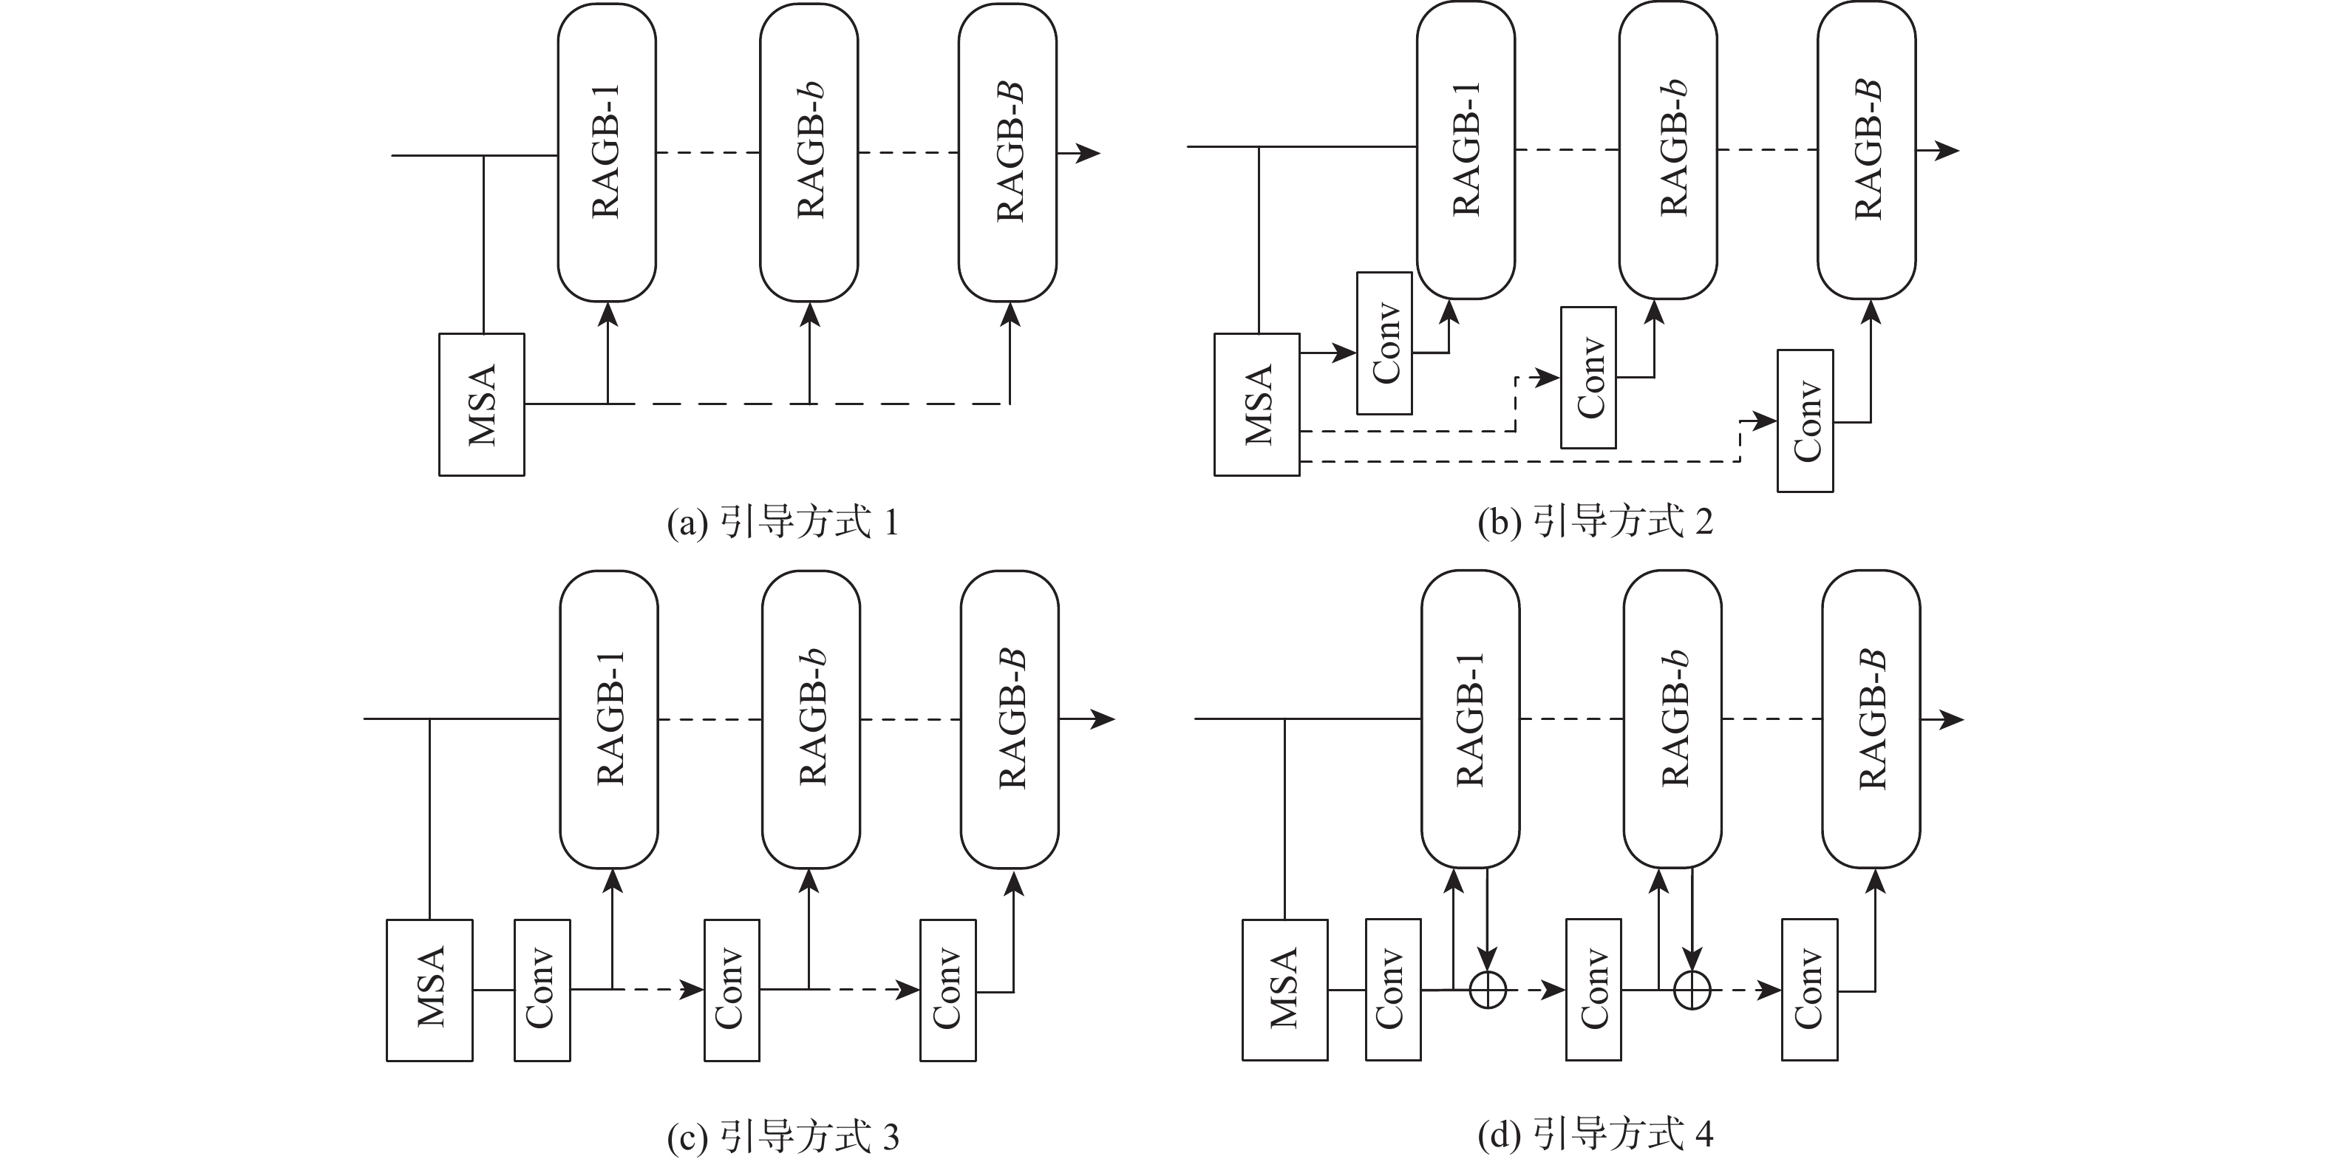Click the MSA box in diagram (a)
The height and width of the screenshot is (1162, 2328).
pyautogui.click(x=482, y=405)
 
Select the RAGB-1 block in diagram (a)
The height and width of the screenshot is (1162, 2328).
pyautogui.click(x=607, y=152)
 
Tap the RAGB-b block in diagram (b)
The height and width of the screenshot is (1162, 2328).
pyautogui.click(x=1667, y=150)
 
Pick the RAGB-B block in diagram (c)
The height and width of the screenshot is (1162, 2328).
pyautogui.click(x=1010, y=719)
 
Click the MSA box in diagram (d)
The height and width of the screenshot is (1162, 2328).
pyautogui.click(x=1284, y=990)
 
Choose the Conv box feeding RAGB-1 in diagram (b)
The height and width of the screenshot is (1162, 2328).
pyautogui.click(x=1384, y=344)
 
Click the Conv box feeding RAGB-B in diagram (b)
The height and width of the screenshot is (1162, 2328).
pyautogui.click(x=1805, y=421)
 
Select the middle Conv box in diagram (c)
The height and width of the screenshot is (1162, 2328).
pyautogui.click(x=731, y=990)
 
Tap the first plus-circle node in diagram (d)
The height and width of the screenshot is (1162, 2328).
pyautogui.click(x=1488, y=991)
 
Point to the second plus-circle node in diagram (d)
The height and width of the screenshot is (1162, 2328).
pyautogui.click(x=1691, y=991)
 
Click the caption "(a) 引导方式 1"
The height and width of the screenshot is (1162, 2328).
pyautogui.click(x=783, y=523)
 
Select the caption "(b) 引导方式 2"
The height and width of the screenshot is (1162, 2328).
pyautogui.click(x=1595, y=523)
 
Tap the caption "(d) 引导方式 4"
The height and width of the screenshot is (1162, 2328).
pyautogui.click(x=1595, y=1135)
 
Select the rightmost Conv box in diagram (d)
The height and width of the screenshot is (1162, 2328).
pyautogui.click(x=1809, y=990)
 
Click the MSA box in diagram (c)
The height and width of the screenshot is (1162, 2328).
pyautogui.click(x=429, y=990)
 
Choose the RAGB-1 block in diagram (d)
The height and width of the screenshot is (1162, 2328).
pyautogui.click(x=1471, y=719)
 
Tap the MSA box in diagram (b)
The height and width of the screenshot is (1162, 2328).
pyautogui.click(x=1256, y=405)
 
